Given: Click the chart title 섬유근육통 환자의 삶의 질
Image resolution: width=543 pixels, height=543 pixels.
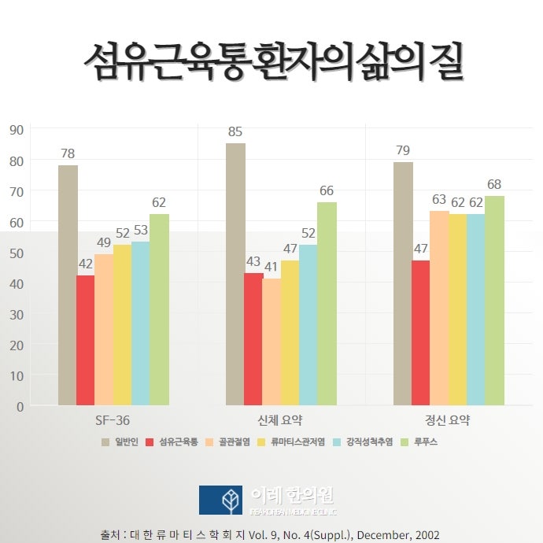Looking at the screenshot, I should (271, 61).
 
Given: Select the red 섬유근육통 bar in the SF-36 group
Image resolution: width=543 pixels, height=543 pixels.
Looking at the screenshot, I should (85, 340).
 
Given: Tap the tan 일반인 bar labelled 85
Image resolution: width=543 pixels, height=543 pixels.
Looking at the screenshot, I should (235, 274).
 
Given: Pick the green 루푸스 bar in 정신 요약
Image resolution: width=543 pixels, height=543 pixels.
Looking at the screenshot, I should (494, 301).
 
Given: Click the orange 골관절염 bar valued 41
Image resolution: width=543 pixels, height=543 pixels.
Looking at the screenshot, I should (271, 342).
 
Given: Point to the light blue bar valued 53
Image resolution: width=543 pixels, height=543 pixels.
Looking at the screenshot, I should (140, 323).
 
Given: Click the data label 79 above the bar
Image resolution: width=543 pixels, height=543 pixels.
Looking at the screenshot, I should (403, 151).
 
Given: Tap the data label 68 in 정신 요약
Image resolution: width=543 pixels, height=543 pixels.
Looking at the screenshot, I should (494, 185).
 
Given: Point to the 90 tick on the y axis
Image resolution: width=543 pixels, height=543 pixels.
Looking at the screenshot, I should (16, 129).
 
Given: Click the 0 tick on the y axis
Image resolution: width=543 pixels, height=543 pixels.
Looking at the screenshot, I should (20, 406).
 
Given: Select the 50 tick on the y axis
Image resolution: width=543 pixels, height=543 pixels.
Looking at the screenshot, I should (16, 253).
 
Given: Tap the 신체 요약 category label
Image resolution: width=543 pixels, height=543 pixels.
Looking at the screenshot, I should (280, 420).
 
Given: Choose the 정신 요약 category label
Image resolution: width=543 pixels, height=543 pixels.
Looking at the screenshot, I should (448, 420).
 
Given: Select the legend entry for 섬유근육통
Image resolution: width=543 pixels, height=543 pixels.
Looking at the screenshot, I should (177, 442).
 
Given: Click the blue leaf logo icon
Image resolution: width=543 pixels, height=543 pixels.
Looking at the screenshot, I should (220, 500).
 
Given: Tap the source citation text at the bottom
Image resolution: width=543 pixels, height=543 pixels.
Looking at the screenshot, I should (271, 534).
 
